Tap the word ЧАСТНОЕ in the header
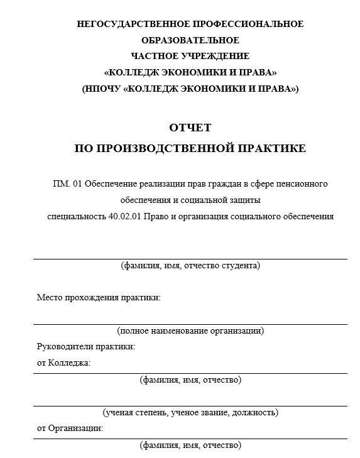tap(155, 57)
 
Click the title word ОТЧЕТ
tap(190, 128)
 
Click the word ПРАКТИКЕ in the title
tap(271, 149)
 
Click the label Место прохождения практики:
tap(99, 298)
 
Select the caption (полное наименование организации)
tap(190, 331)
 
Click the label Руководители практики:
tap(85, 347)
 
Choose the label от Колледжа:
tap(64, 363)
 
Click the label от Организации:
tap(70, 429)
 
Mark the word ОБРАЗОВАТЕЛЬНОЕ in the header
tap(190, 41)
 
